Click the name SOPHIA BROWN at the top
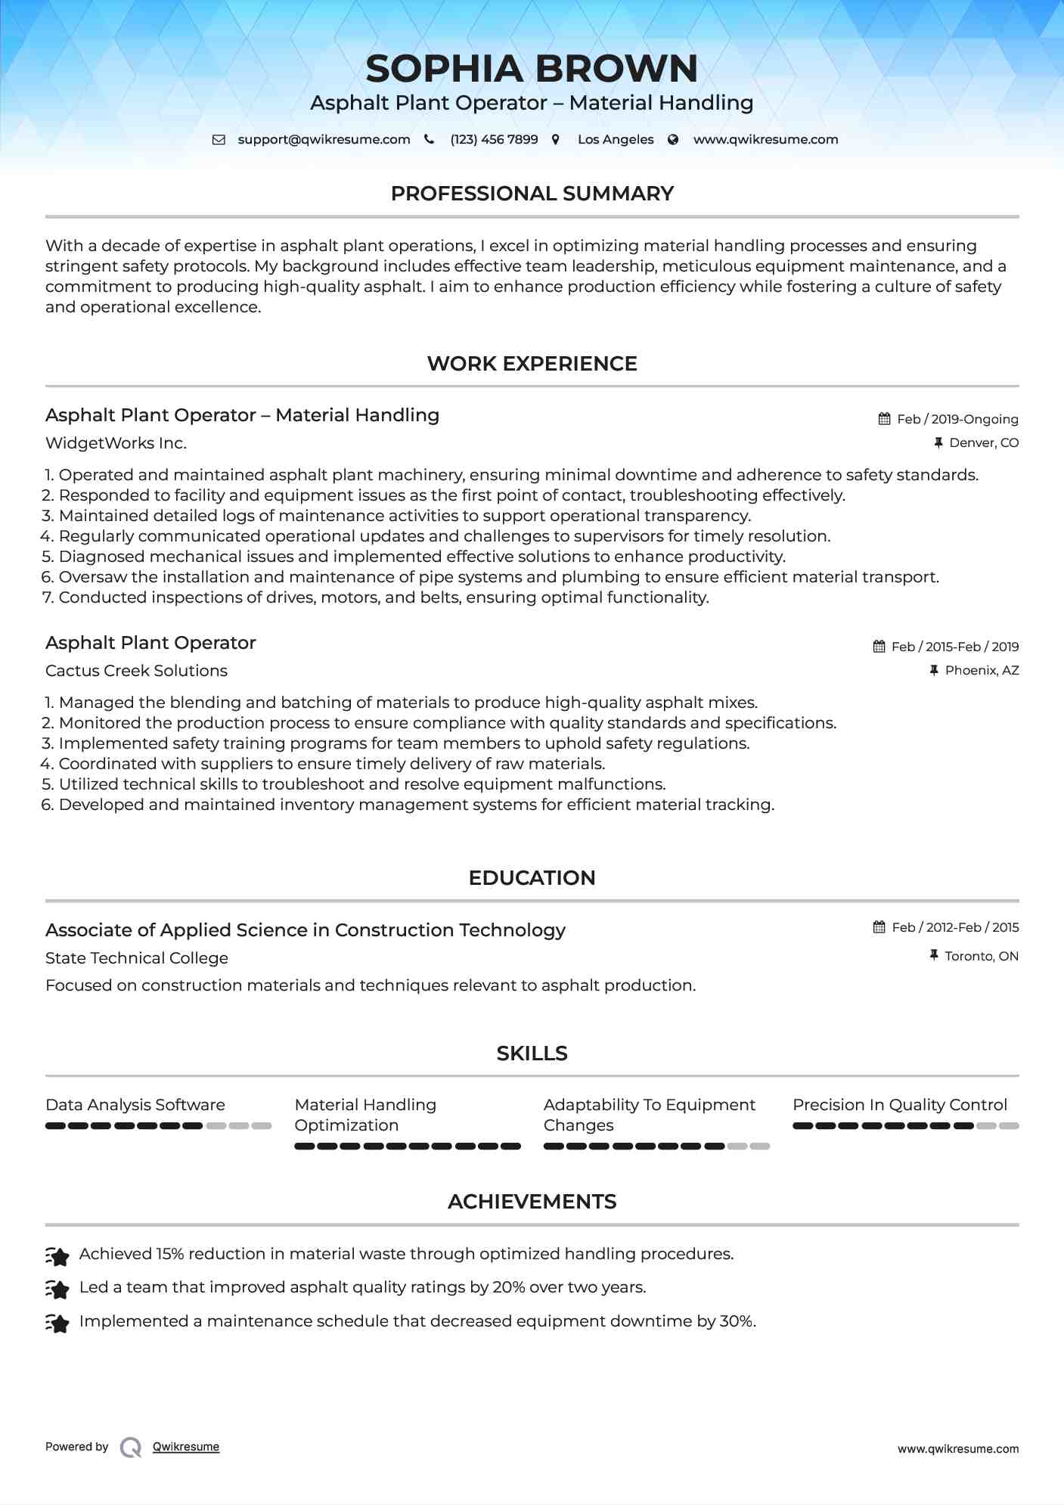pos(532,69)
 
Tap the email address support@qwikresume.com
pos(324,139)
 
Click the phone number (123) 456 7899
pos(494,139)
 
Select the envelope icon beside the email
pos(219,139)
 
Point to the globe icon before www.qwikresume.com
pos(672,139)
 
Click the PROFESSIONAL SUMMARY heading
pos(532,194)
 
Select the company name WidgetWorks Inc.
pos(116,443)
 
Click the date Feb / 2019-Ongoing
pos(957,419)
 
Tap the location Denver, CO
pos(983,442)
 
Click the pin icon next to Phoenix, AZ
pos(934,670)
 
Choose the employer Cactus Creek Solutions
pos(136,671)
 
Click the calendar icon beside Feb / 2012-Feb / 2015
pos(879,927)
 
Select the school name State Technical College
pos(137,958)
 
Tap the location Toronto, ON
pos(981,956)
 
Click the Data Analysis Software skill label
pos(135,1105)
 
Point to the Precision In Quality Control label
pos(900,1105)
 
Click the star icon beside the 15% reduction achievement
pos(57,1256)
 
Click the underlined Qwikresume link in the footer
pos(186,1447)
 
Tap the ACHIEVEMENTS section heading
pos(532,1202)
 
